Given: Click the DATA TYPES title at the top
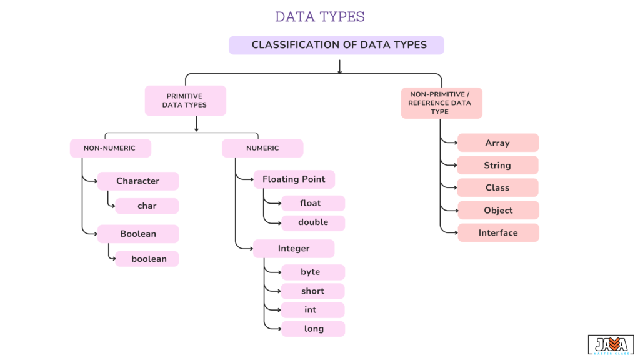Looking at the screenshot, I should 319,17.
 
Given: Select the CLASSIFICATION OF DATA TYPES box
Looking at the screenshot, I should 336,45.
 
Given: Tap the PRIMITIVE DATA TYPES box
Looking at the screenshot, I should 185,101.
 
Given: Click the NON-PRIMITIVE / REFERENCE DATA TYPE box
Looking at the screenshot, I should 441,102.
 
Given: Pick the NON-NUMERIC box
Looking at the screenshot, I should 110,148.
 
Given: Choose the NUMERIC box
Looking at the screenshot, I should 262,148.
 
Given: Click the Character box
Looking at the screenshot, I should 138,181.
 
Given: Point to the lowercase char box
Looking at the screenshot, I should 147,206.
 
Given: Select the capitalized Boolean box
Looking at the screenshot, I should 138,234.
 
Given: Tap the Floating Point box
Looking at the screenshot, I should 294,179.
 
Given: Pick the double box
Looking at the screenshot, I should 312,222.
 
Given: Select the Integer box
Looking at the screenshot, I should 294,249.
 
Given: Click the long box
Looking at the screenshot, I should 312,329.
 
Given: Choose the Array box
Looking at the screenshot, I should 497,143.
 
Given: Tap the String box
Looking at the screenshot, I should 497,166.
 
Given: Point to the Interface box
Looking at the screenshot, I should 497,233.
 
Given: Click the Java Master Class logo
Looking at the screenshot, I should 611,345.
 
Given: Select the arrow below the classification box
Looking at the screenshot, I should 339,66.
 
